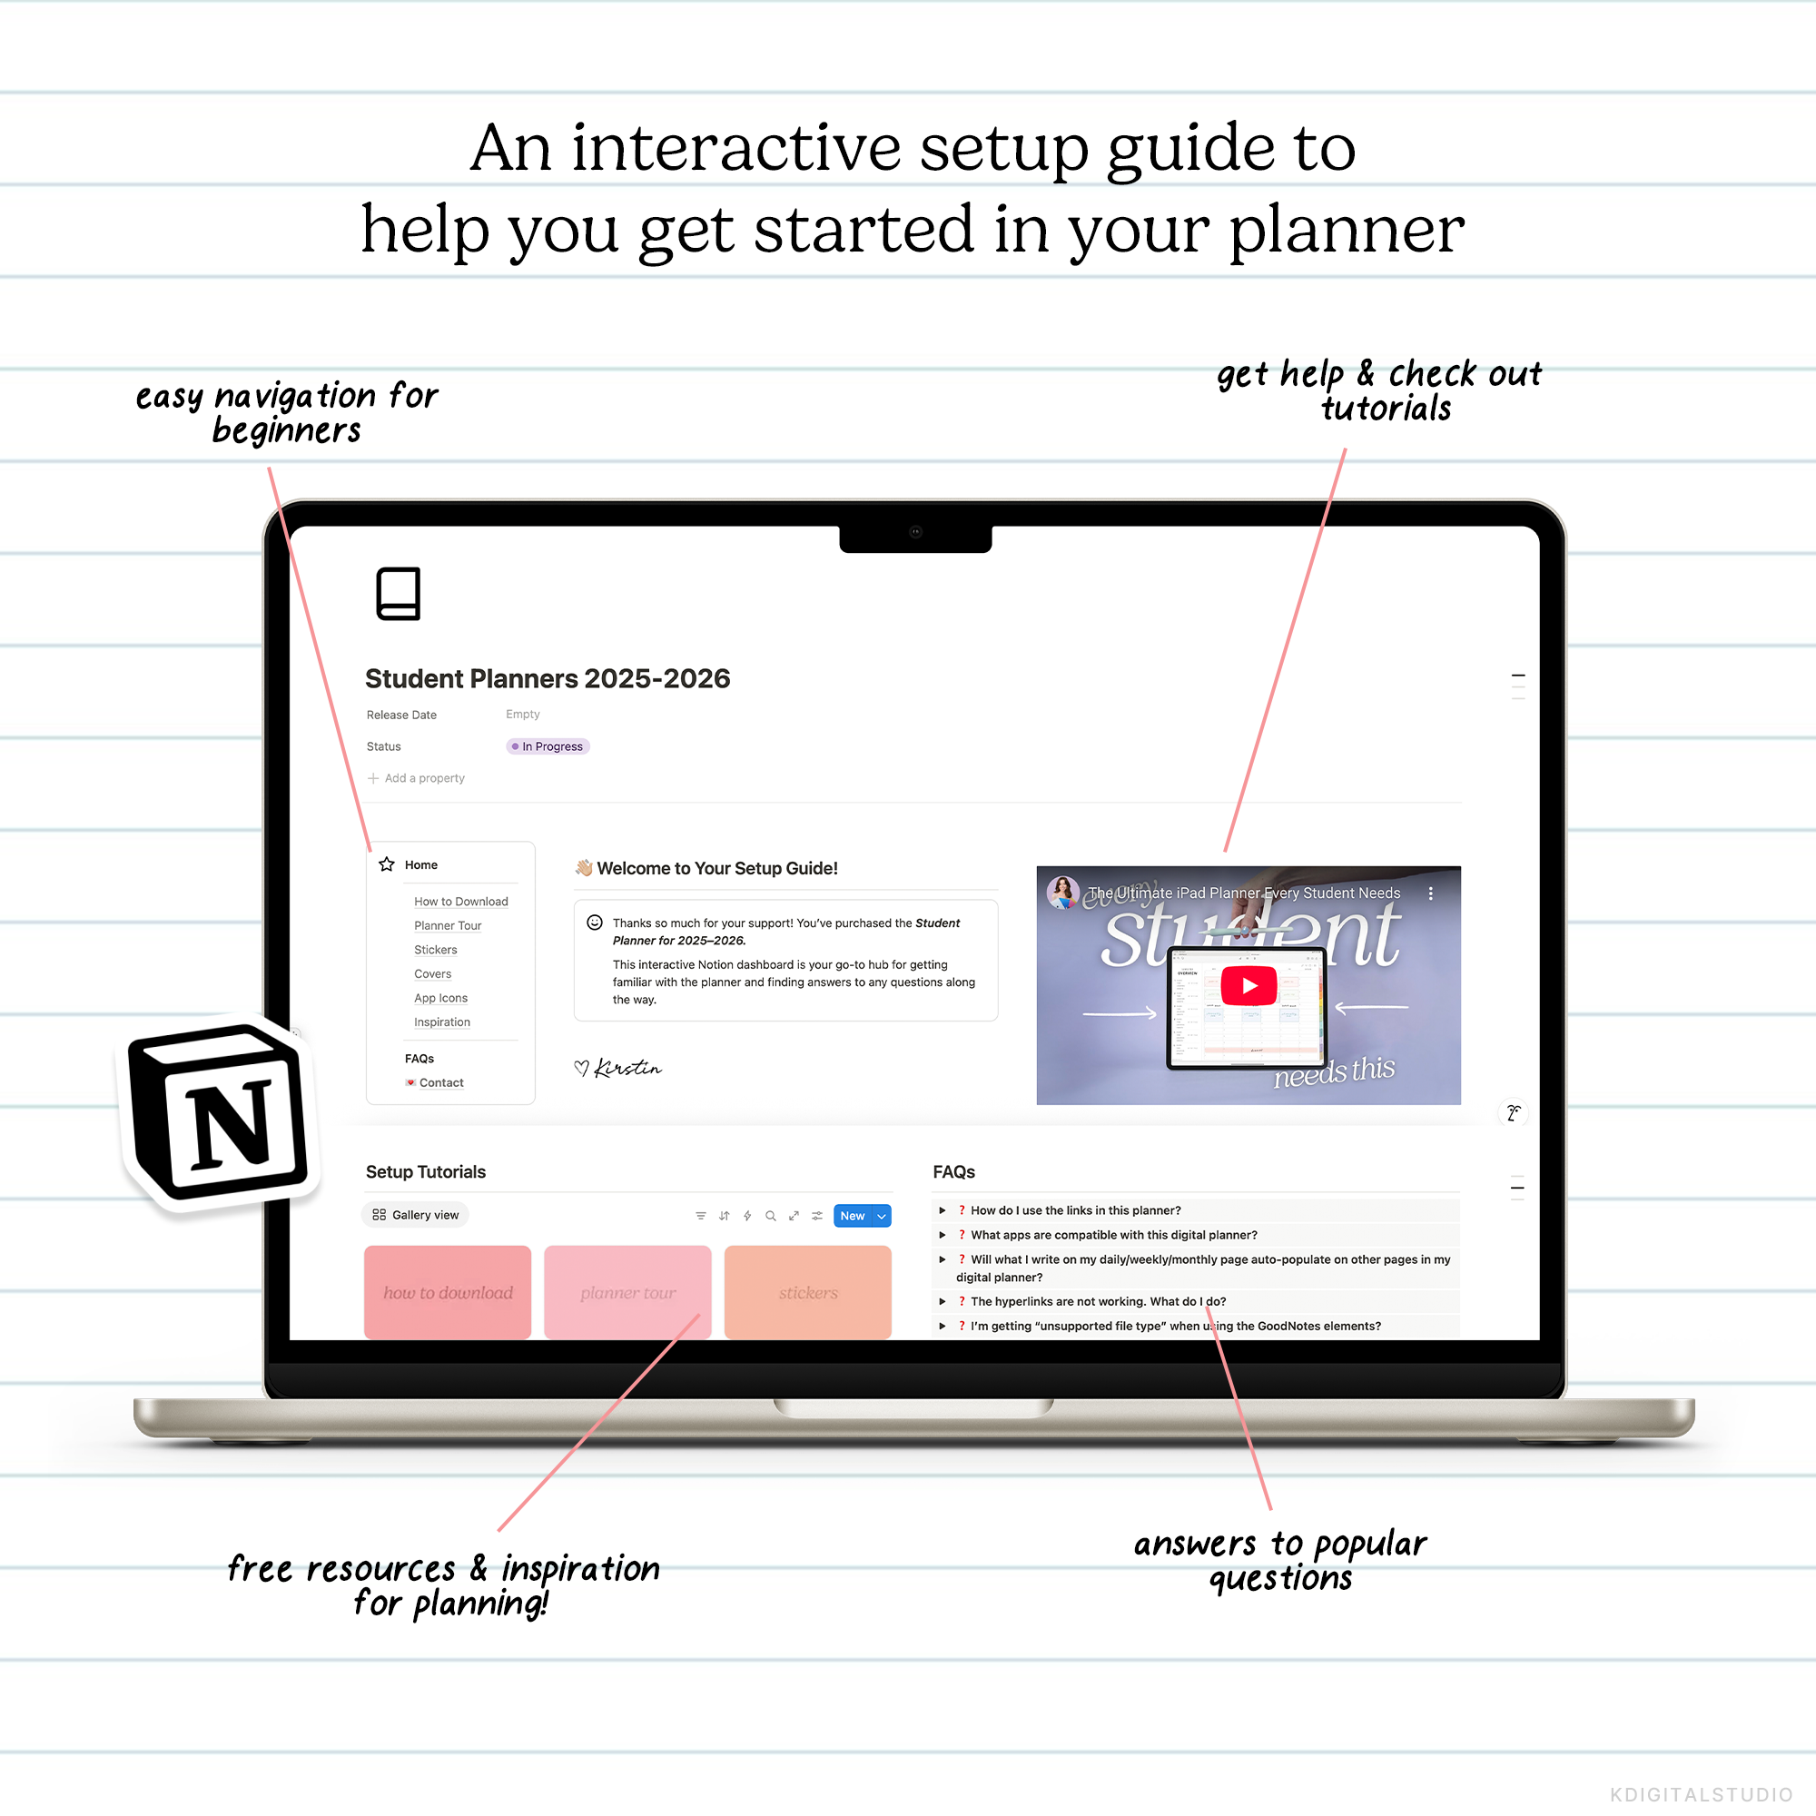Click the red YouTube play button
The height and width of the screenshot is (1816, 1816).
pos(1248,986)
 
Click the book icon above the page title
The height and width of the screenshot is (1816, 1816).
pos(398,593)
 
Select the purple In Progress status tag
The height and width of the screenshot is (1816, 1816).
pos(548,746)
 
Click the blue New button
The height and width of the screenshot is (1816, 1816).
pos(852,1216)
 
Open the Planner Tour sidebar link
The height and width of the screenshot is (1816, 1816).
pos(448,926)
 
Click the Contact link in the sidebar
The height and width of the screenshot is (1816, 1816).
pos(441,1083)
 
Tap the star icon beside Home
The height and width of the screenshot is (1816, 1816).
pos(386,864)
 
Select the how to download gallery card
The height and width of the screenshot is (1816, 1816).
pos(448,1292)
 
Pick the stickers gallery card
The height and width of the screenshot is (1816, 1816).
pos(807,1292)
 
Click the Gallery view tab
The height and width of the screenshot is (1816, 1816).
pos(416,1216)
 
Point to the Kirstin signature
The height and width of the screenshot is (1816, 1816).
pos(626,1068)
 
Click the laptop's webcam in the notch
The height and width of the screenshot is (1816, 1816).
pos(915,532)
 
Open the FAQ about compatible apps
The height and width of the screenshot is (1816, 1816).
pos(1113,1235)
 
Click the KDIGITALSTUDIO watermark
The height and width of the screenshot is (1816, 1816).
pos(1702,1794)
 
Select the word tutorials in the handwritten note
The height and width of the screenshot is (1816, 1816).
pos(1386,409)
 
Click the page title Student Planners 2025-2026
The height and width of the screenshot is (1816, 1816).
pos(547,678)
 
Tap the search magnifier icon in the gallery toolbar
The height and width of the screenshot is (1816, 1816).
pos(771,1216)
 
